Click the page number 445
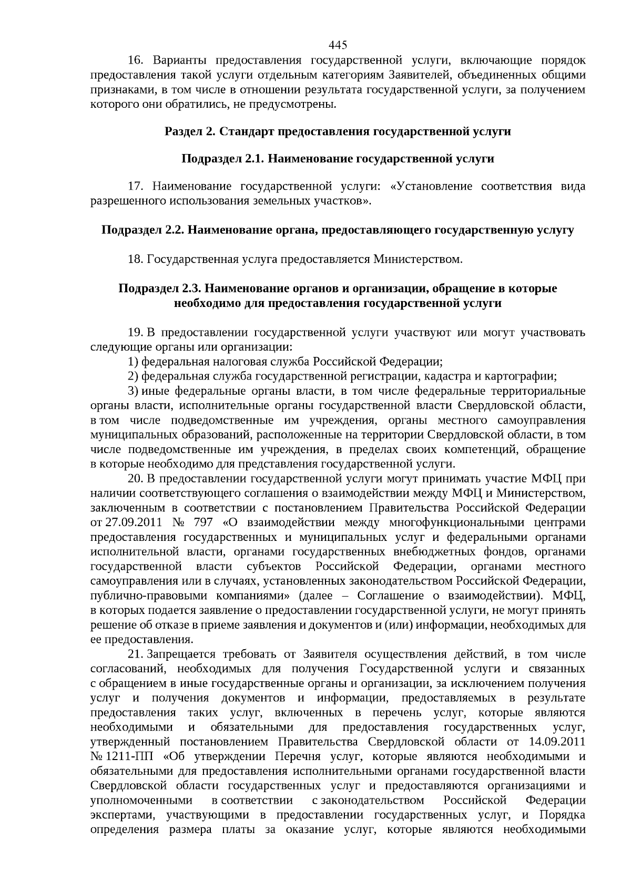(338, 44)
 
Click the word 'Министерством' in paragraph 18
(418, 259)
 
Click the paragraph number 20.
(136, 479)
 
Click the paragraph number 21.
(136, 654)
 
